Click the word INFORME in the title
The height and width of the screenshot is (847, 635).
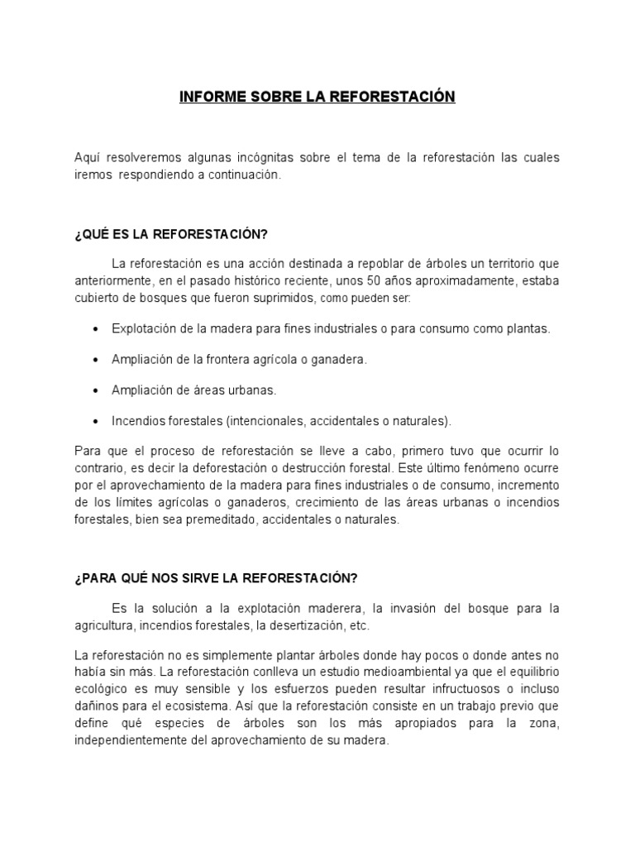tap(208, 98)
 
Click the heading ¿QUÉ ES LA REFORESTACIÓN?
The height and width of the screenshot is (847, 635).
tap(171, 235)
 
